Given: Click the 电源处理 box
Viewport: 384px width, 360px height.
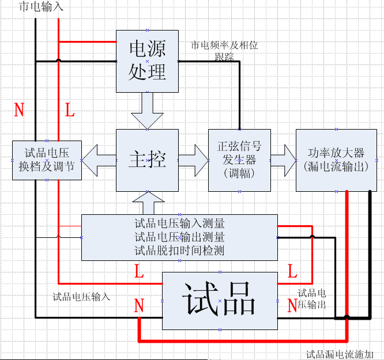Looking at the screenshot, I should (x=147, y=61).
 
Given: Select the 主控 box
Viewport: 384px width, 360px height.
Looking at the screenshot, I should (x=147, y=160).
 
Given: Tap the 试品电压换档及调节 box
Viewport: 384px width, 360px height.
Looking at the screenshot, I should (x=47, y=160).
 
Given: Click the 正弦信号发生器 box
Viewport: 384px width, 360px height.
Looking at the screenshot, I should (x=239, y=160).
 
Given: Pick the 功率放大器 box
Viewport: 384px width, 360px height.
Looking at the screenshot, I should (x=336, y=160).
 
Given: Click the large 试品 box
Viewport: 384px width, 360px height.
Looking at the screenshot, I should (x=219, y=300).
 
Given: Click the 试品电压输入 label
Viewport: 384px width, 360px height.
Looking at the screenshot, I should (x=81, y=297).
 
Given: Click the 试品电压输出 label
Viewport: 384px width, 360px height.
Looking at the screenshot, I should (x=312, y=298).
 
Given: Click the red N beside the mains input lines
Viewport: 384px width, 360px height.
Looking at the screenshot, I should (x=18, y=110).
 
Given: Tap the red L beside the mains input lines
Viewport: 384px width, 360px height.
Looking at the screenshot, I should (x=70, y=110).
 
